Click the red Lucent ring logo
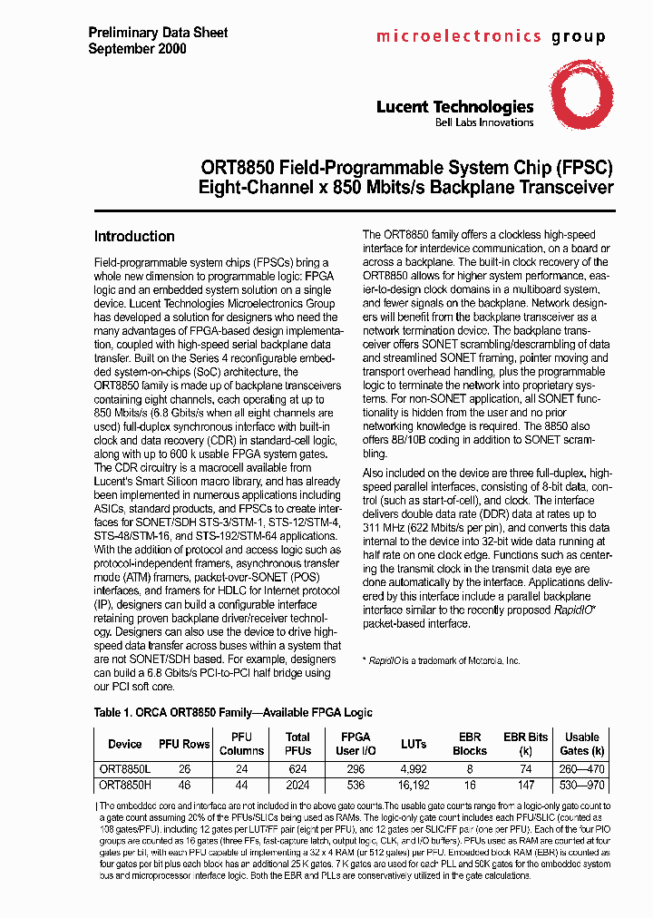coord(577,101)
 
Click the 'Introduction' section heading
coord(134,237)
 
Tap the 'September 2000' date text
coord(137,49)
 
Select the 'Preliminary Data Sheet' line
coord(158,33)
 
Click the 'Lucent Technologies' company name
coord(454,107)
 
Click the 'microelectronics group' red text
coord(490,37)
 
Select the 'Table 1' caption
coord(233,713)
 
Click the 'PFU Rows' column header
coord(184,744)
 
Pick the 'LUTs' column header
coord(414,744)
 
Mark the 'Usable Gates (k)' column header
coord(583,744)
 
